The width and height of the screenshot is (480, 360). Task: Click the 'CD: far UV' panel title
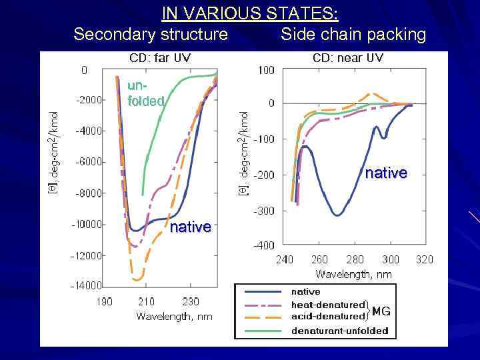(160, 58)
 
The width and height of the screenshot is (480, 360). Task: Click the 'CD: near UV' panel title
(347, 58)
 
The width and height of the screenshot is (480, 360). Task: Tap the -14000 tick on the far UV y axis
(87, 286)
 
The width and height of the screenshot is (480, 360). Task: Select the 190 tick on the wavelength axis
(105, 301)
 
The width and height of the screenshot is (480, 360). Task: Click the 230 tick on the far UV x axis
(191, 301)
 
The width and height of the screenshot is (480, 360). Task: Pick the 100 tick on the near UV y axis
(266, 70)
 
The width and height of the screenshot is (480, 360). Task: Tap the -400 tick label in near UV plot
(264, 245)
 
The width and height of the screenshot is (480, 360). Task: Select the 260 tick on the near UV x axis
(319, 259)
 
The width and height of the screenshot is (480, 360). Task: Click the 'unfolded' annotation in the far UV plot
(145, 94)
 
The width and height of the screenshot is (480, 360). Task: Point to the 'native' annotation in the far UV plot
(191, 227)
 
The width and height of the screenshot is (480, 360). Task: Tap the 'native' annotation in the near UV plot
(386, 173)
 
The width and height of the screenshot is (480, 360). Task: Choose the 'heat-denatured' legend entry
(328, 305)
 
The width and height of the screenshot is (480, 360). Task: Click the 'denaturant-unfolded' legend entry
(339, 331)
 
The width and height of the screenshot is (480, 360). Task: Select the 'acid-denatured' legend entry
(328, 316)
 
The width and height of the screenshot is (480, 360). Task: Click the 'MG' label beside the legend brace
(381, 311)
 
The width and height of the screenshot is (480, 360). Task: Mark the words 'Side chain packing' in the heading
(353, 34)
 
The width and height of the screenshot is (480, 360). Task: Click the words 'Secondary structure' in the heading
(151, 34)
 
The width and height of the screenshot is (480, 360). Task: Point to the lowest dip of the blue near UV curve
(337, 215)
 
